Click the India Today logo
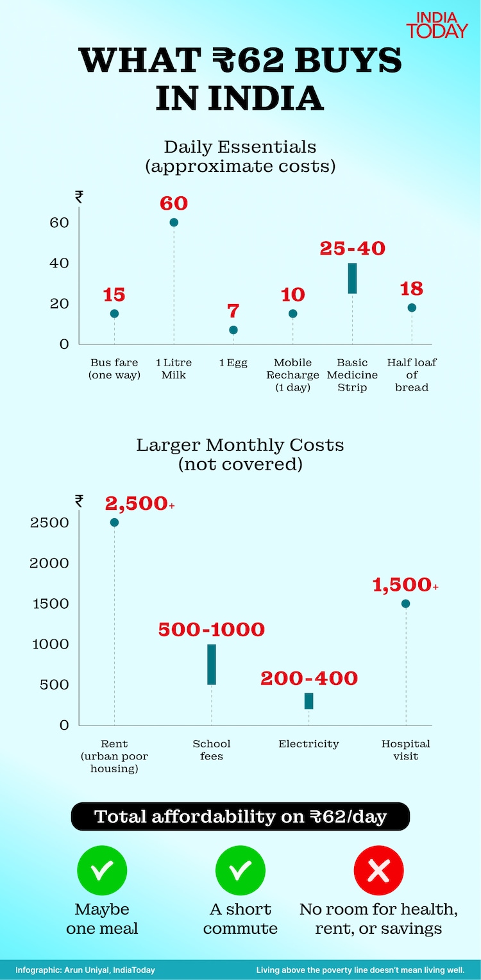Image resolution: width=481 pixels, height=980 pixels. tap(437, 24)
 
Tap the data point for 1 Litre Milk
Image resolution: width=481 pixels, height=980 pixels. tap(174, 223)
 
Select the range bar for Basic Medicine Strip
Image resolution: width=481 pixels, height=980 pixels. tap(352, 278)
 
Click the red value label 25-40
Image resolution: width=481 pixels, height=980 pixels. tap(352, 248)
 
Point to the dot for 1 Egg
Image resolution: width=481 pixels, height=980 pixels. tap(233, 330)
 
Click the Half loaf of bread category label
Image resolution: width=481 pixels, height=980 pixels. tap(412, 375)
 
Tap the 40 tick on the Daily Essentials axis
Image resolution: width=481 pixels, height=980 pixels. tap(60, 263)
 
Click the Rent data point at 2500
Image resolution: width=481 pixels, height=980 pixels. tap(114, 522)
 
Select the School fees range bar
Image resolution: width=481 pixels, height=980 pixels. tap(212, 664)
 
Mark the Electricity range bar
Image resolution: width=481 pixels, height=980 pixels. tap(308, 701)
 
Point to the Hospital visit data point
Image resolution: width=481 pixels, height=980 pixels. tap(405, 604)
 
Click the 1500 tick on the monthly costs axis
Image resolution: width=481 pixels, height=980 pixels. tap(50, 604)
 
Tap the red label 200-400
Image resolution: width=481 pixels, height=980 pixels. tap(308, 679)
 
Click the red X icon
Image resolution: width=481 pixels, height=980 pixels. tap(379, 870)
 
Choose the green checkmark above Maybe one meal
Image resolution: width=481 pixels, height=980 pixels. tap(102, 870)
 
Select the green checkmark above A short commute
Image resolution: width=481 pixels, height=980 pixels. tap(240, 870)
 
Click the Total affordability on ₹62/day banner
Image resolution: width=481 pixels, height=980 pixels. tap(240, 816)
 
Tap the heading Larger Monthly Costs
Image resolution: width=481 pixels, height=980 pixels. tap(240, 445)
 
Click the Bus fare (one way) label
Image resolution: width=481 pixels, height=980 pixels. tap(114, 369)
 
